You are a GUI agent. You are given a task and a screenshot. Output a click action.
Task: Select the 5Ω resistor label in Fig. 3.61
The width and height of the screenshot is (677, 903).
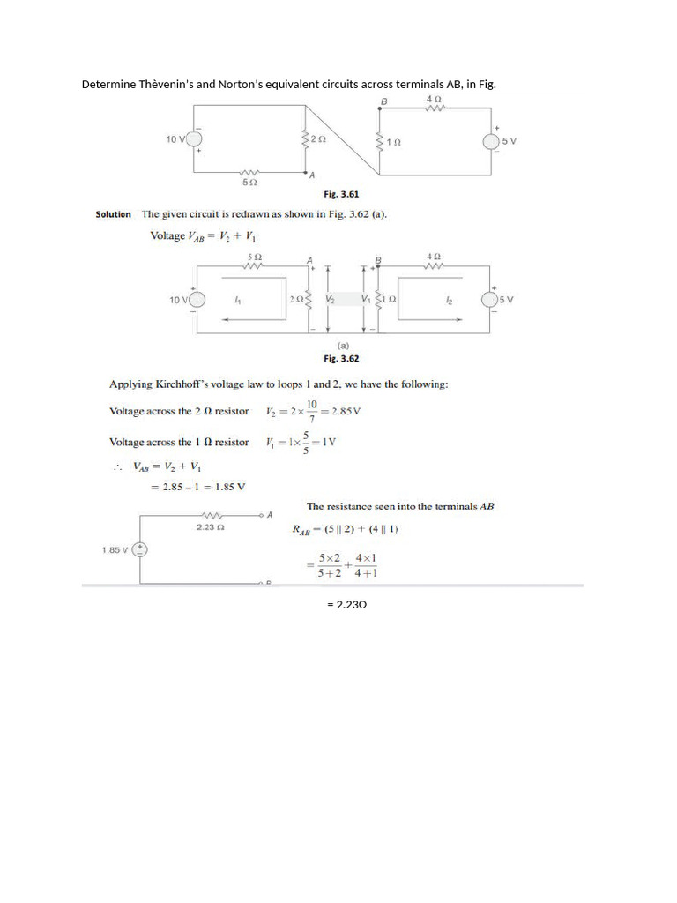click(x=249, y=183)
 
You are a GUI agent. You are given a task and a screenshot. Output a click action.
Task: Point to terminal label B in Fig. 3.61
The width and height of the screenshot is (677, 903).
click(x=383, y=102)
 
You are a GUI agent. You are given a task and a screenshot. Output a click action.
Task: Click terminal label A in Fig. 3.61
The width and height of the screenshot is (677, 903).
click(x=312, y=175)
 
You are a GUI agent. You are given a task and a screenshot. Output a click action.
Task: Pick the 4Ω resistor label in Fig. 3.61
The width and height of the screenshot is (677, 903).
click(x=433, y=99)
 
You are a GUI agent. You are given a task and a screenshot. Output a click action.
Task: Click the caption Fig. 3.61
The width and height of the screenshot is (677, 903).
click(x=341, y=194)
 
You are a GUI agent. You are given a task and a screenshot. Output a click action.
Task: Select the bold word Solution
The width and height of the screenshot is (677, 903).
click(x=113, y=214)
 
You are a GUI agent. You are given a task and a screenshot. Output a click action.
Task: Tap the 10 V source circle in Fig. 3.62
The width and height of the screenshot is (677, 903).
click(x=197, y=300)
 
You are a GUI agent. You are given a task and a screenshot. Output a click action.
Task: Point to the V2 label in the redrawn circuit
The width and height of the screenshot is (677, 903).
click(x=330, y=300)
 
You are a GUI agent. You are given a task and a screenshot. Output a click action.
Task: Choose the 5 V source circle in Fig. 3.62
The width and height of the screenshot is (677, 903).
click(x=489, y=300)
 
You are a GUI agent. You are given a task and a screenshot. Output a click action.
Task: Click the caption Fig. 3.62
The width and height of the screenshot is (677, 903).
click(x=341, y=359)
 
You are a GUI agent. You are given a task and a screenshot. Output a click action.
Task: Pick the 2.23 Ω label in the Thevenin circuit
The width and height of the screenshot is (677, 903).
click(x=209, y=527)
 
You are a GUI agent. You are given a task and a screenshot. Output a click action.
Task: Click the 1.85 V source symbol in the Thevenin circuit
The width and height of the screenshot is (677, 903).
click(x=139, y=549)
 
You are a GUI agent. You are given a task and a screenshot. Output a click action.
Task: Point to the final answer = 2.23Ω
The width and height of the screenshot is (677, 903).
click(x=346, y=605)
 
